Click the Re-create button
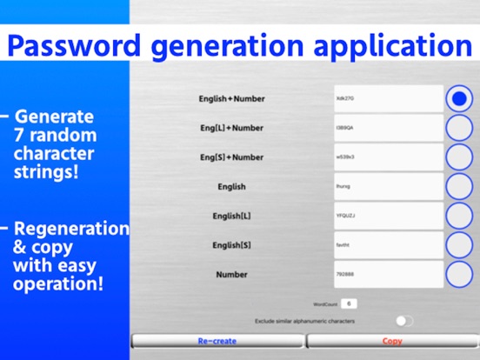(x=217, y=341)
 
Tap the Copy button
(x=392, y=341)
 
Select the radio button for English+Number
(x=459, y=98)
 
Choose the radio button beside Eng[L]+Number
(x=459, y=128)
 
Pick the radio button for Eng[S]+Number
(x=459, y=157)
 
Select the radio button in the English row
(x=459, y=186)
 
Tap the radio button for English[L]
(x=459, y=216)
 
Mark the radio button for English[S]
(x=459, y=245)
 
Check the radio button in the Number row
(x=459, y=275)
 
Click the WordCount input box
(x=348, y=303)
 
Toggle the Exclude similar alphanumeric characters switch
(x=404, y=321)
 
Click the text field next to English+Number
(x=388, y=98)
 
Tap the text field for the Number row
(x=388, y=275)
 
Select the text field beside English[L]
(x=388, y=216)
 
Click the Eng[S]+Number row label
(x=231, y=157)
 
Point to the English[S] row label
(x=231, y=245)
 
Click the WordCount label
(x=324, y=304)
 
